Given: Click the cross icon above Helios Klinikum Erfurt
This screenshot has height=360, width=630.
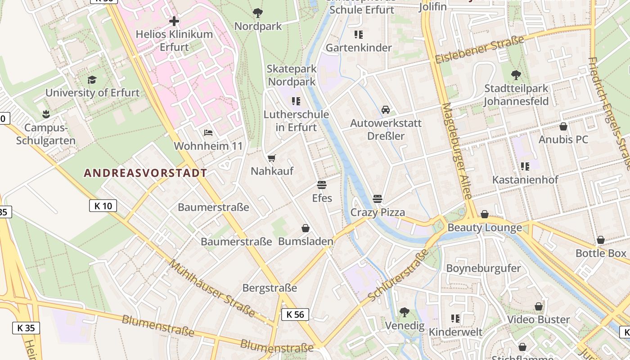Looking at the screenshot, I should [174, 21].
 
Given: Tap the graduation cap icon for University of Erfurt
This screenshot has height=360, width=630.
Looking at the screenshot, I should [92, 80].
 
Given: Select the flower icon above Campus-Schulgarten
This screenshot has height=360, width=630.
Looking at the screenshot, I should [45, 114].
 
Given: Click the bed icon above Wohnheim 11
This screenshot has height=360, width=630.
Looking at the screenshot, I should [208, 133].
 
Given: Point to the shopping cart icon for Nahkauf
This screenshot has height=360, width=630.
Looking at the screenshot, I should [271, 158].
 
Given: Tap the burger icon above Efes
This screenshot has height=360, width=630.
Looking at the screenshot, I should [321, 185].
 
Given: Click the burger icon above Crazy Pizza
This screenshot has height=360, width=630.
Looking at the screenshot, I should [378, 199].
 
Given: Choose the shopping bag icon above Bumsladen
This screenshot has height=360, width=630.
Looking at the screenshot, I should [306, 228].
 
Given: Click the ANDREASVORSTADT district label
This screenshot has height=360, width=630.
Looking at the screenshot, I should [146, 173].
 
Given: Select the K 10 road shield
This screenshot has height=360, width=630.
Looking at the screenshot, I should [103, 206].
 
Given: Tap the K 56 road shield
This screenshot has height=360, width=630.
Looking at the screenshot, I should [295, 315].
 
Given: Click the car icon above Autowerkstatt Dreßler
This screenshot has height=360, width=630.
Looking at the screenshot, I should [386, 110].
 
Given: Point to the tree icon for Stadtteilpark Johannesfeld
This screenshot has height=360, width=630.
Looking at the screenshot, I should [516, 75].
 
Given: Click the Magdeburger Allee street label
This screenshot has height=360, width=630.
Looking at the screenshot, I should [457, 151].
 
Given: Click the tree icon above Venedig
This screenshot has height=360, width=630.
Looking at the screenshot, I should [404, 312].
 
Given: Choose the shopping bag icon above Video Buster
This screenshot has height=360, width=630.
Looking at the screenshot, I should [538, 306].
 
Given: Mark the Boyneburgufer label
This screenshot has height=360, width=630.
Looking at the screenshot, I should [483, 268].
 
